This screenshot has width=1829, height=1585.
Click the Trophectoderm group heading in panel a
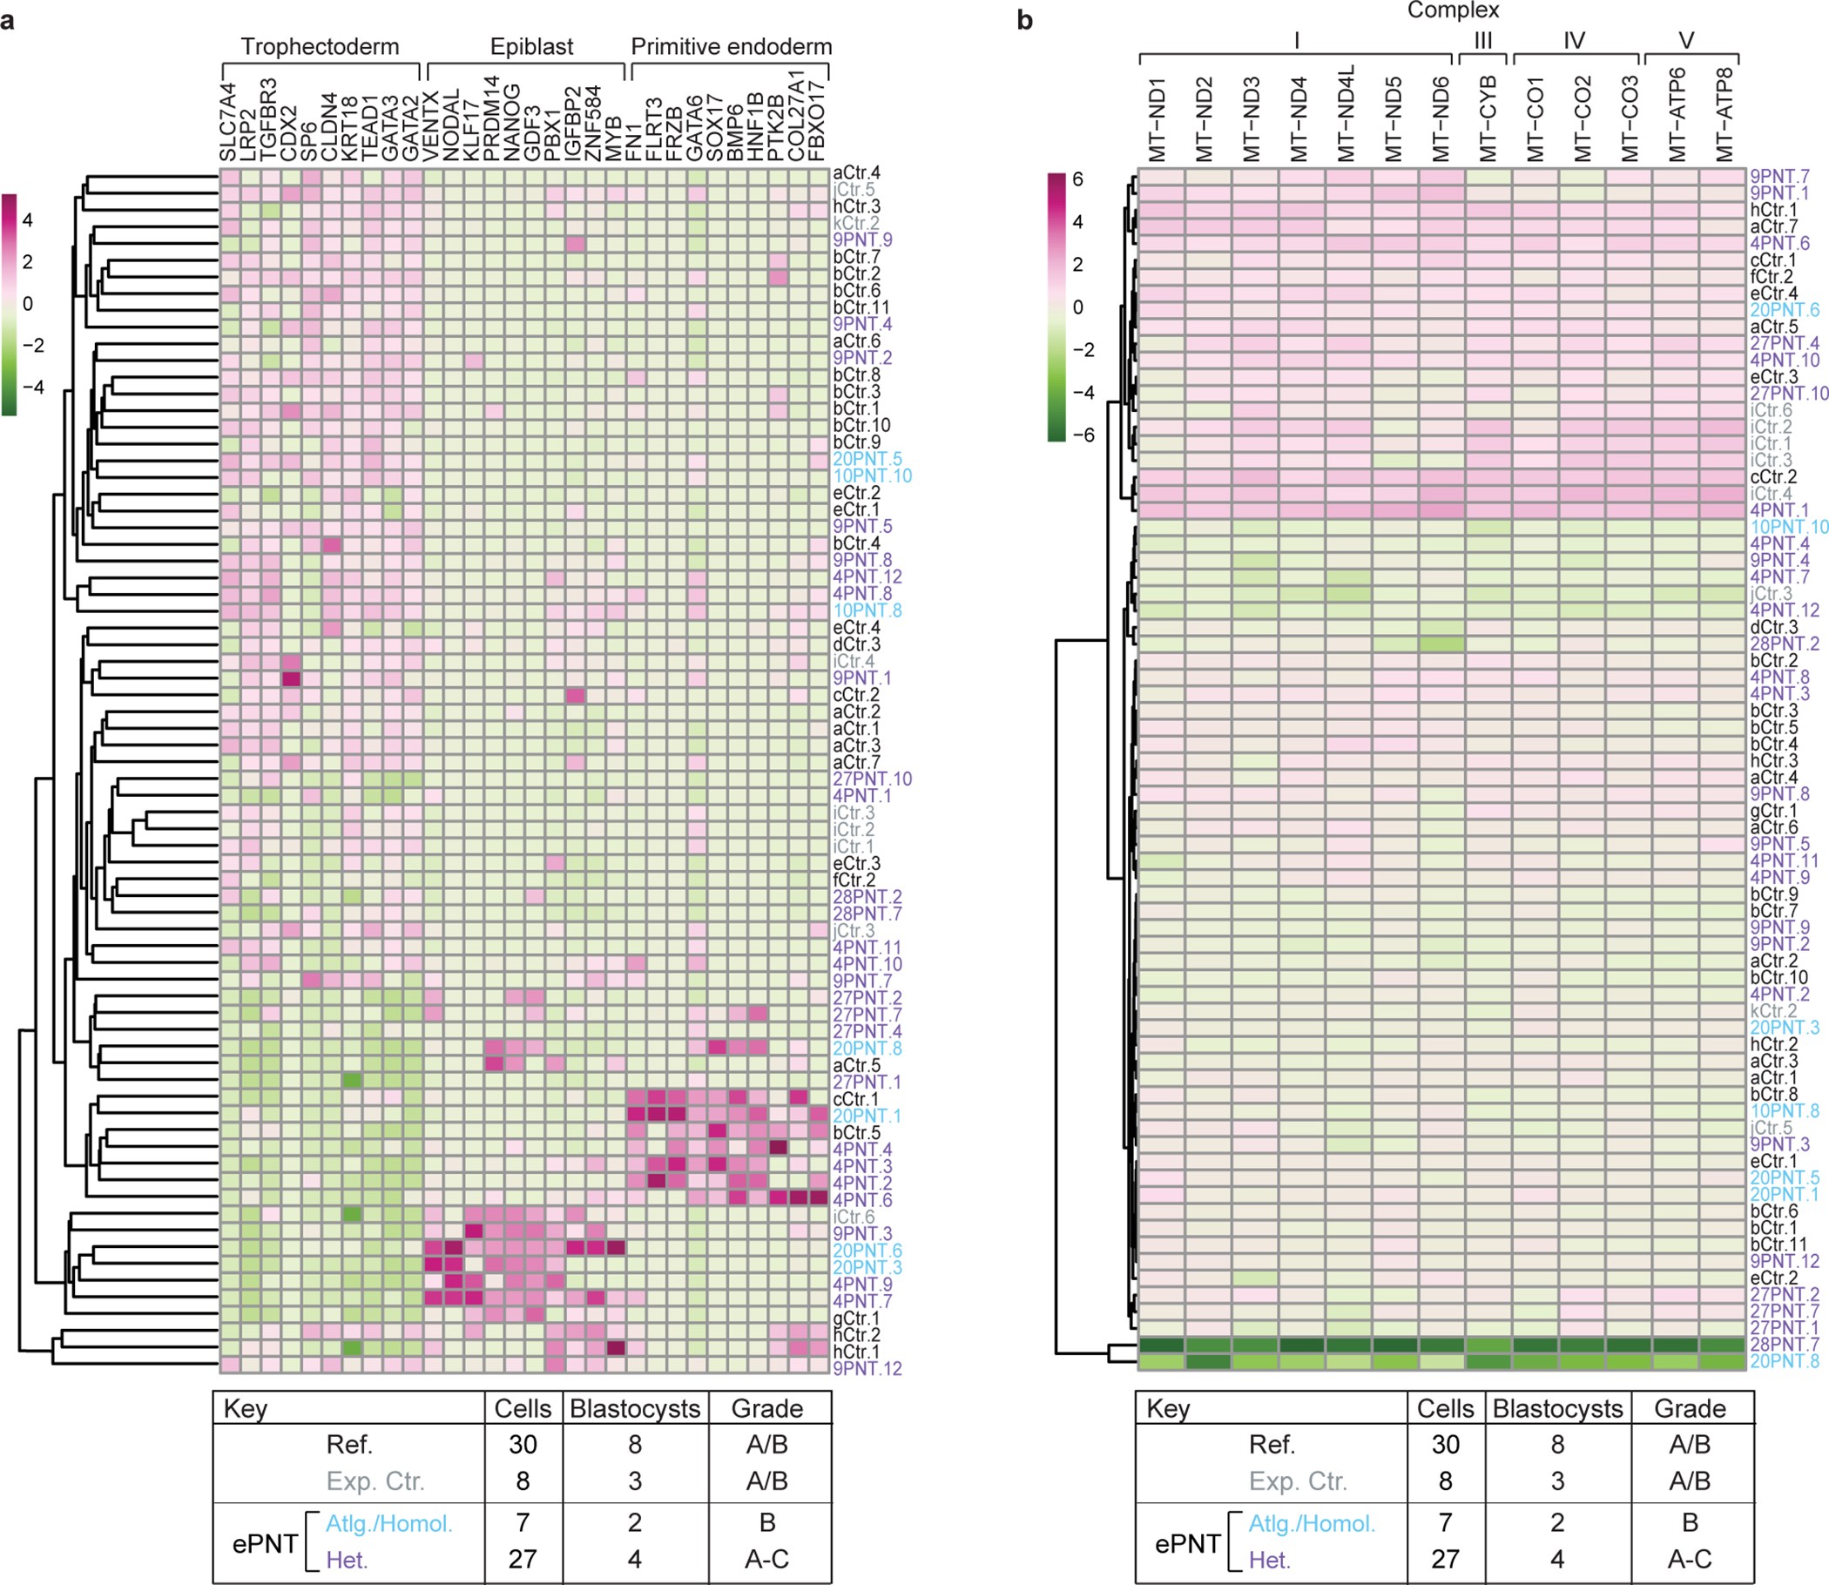[x=320, y=47]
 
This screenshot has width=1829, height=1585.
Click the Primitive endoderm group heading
[x=732, y=47]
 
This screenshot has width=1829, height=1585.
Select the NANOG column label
[x=514, y=124]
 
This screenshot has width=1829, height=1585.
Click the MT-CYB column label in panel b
[x=1488, y=119]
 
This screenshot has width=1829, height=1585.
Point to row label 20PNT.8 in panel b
[x=1785, y=1361]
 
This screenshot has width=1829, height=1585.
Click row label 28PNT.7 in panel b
[x=1785, y=1345]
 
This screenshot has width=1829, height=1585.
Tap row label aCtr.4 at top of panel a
[x=856, y=173]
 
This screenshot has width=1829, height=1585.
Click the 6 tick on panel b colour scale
[x=1077, y=179]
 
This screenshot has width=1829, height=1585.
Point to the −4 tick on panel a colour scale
[x=33, y=388]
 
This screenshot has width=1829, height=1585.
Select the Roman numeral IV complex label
[x=1574, y=41]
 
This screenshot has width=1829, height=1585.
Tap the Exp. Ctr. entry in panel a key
[x=375, y=1480]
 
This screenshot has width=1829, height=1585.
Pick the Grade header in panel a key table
[x=766, y=1408]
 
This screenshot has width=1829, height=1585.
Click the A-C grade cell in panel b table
[x=1690, y=1559]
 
